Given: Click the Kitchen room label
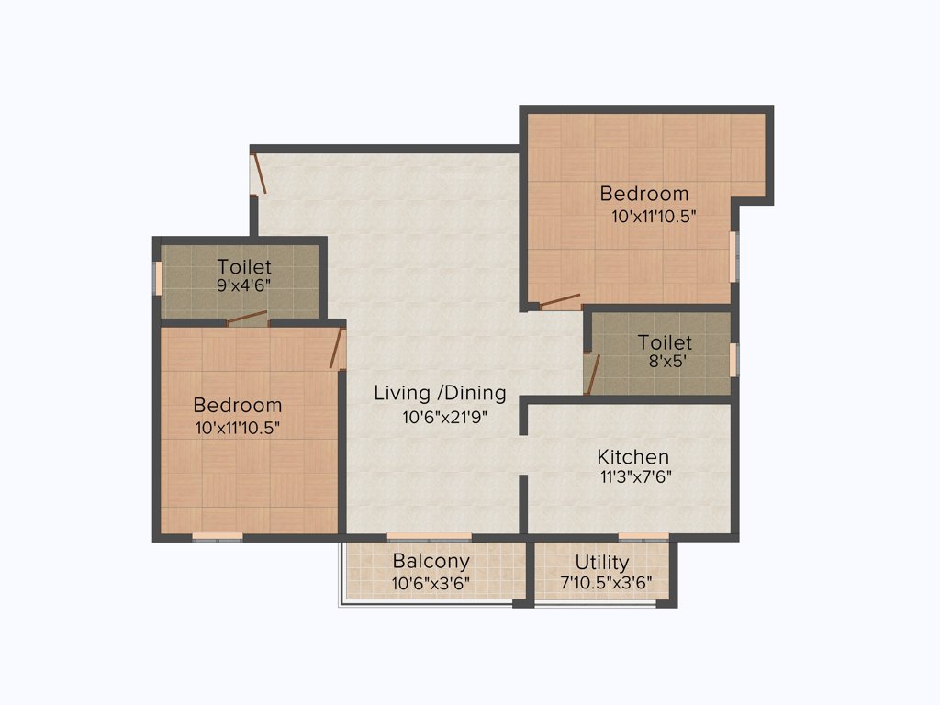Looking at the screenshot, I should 632,456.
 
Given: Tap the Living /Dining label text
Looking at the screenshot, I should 440,393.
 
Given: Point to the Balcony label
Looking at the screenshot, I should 431,561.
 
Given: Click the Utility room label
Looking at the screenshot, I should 602,562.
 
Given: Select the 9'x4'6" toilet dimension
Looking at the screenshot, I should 244,286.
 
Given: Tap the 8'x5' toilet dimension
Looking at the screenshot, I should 665,362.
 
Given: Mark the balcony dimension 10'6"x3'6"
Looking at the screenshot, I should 431,582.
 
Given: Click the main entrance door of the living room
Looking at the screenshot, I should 258,174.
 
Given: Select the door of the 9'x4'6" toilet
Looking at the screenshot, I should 247,319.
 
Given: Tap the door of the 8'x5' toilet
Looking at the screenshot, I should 591,372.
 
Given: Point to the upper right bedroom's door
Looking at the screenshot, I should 559,301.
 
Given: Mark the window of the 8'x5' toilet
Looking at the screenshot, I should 733,359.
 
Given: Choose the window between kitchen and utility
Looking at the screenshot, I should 643,536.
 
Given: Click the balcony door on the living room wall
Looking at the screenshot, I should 429,536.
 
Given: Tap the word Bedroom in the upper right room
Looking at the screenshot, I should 643,194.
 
